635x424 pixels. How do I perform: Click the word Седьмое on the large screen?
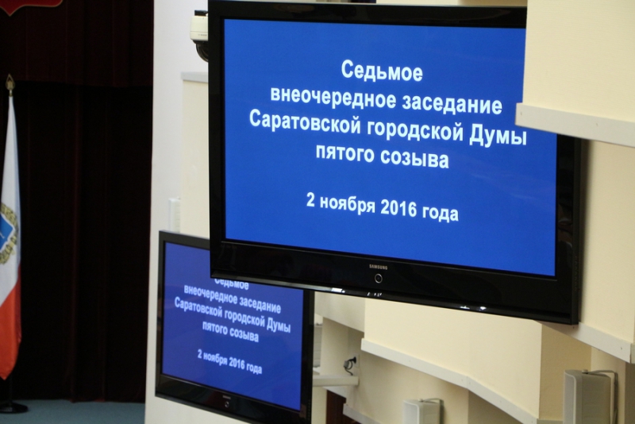pyautogui.click(x=382, y=71)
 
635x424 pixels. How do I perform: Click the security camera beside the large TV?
pyautogui.click(x=199, y=36)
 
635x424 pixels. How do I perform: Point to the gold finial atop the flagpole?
pyautogui.click(x=10, y=83)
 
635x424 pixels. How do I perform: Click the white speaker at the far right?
pyautogui.click(x=587, y=396)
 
